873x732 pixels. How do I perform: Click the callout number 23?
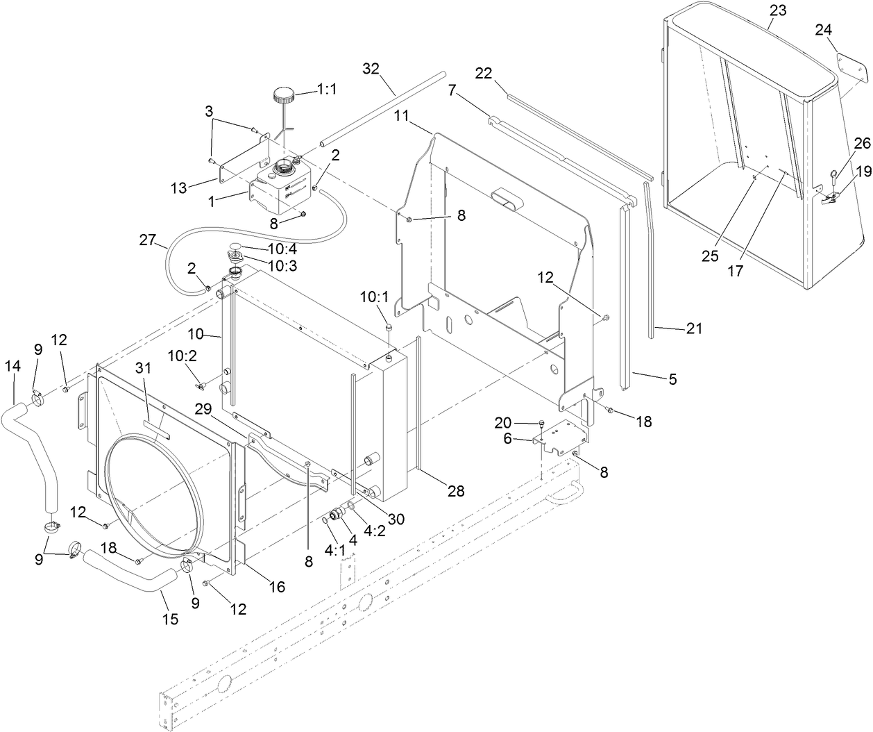coord(778,11)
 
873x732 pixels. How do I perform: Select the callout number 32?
coord(371,69)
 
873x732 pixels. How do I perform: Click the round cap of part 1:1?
coord(284,94)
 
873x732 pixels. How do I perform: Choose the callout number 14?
coord(13,365)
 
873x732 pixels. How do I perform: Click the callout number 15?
coord(169,618)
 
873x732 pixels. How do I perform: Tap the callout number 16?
coord(276,587)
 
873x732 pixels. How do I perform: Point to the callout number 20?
coord(502,422)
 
